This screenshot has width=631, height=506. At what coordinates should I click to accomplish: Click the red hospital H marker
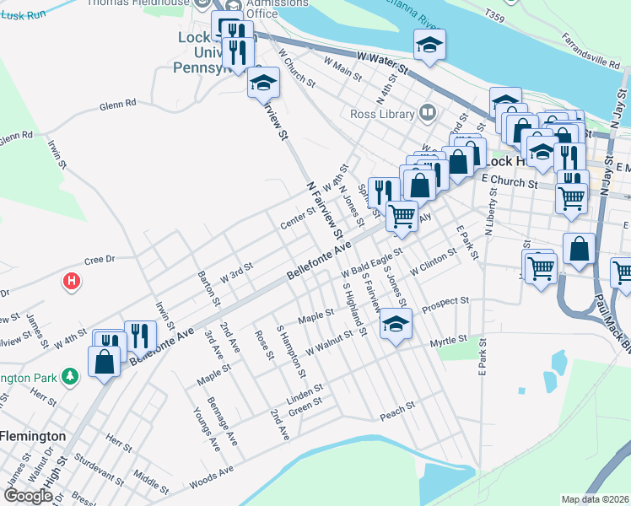pyautogui.click(x=73, y=280)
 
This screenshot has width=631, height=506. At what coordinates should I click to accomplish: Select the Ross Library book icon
pyautogui.click(x=429, y=112)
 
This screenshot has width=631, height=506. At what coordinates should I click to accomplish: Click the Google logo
pyautogui.click(x=28, y=496)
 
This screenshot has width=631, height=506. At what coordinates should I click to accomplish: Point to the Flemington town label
pyautogui.click(x=33, y=435)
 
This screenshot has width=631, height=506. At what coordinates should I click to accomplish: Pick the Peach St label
pyautogui.click(x=397, y=406)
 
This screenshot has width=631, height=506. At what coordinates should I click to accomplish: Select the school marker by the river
pyautogui.click(x=430, y=46)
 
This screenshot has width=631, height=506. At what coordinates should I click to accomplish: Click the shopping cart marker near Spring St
pyautogui.click(x=402, y=215)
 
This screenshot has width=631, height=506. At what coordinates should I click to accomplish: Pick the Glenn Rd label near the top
pyautogui.click(x=117, y=105)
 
